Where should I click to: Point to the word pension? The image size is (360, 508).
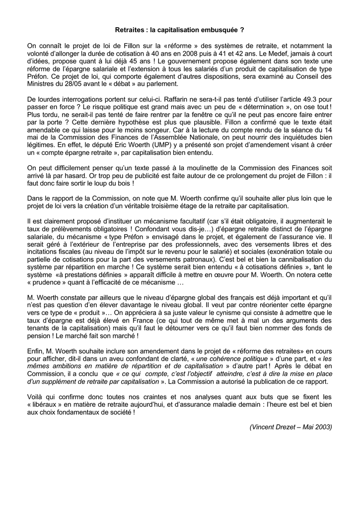coord(39,337)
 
